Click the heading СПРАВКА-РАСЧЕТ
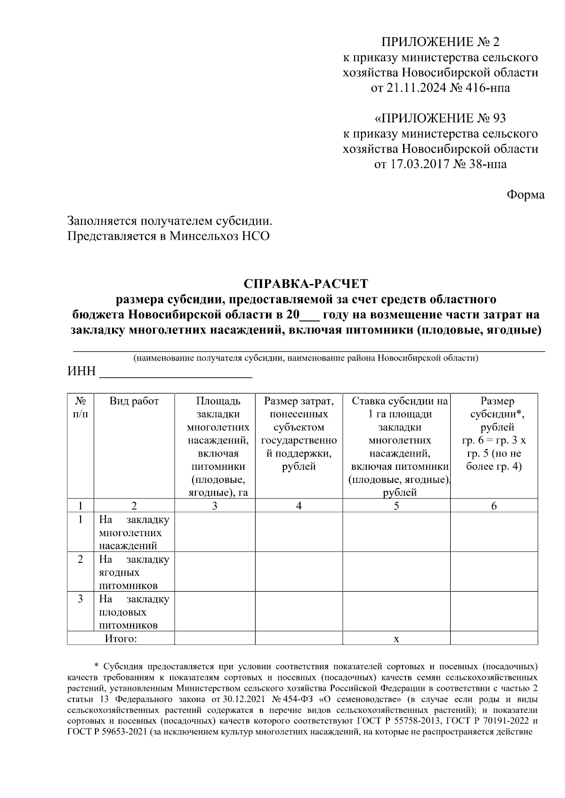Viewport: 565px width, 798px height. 306,284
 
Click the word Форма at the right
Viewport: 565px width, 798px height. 525,195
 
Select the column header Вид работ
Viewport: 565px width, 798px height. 134,401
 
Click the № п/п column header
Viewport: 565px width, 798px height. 81,407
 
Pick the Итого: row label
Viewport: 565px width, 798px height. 121,639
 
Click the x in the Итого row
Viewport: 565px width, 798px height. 396,639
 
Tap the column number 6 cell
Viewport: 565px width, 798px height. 494,506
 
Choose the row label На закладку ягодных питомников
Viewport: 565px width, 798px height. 134,572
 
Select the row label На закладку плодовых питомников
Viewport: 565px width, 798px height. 134,612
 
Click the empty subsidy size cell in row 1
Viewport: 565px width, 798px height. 494,532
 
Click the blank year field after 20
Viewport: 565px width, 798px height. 309,315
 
